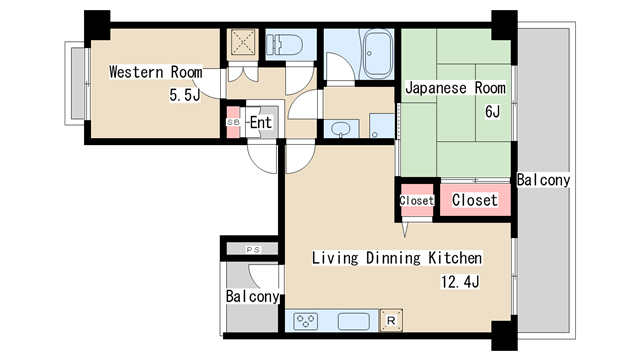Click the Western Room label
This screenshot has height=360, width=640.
155,72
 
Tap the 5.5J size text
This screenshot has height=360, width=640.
185,96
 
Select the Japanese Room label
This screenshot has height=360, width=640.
455,88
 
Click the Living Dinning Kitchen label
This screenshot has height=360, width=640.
397,257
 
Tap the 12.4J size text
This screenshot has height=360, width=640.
461,281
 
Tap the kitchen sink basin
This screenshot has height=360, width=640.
355,321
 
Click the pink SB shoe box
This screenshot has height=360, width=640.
234,122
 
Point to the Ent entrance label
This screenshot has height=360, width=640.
260,122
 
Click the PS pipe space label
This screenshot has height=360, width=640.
251,248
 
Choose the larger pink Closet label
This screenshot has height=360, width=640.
474,200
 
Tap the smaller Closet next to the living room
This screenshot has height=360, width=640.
416,201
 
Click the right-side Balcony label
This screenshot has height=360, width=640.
543,181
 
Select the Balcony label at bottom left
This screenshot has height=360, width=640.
251,297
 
